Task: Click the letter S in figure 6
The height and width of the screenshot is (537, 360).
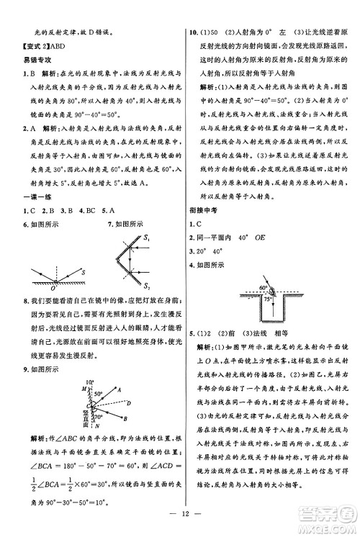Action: pyautogui.click(x=82, y=272)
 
